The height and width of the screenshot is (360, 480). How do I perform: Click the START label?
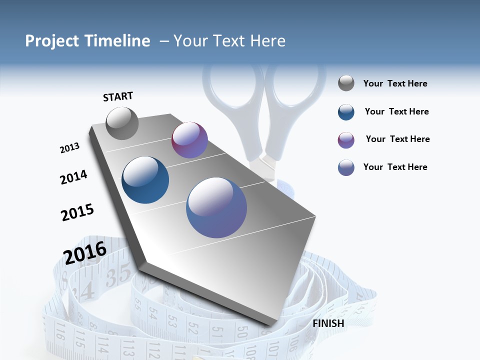coord(118,96)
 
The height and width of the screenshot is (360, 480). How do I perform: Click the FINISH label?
coord(328,323)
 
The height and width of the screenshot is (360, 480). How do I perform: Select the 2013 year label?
coord(70,148)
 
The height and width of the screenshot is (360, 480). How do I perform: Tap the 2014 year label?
coord(74,177)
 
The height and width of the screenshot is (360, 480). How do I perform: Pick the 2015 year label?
coord(77,212)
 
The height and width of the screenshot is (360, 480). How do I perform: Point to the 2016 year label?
coord(85,252)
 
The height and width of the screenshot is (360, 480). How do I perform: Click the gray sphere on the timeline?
coord(122,123)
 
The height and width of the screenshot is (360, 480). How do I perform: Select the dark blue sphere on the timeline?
coord(145,180)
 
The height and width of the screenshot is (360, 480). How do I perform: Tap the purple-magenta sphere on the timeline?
coord(189,140)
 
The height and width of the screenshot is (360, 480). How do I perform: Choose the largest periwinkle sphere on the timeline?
coord(216,207)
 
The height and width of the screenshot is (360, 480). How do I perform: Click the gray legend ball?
coord(346,83)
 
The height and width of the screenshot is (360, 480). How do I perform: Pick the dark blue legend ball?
coord(346,112)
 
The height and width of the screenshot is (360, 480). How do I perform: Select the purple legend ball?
coord(346,140)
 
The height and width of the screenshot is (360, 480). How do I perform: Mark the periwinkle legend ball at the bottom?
coord(346,167)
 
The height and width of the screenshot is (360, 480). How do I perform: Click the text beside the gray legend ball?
coord(395,84)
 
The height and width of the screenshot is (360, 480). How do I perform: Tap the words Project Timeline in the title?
coord(87,41)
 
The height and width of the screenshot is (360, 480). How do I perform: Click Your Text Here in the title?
coord(229,41)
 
